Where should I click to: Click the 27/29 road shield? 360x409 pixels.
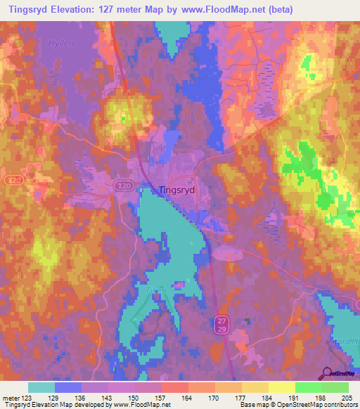221,324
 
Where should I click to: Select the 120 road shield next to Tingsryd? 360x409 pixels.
124,185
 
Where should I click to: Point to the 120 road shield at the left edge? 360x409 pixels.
11,181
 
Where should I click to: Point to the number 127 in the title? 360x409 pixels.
124,10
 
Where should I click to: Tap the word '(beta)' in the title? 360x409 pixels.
278,10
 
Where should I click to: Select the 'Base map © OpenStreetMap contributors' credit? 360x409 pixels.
298,405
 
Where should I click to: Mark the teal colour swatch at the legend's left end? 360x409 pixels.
41,388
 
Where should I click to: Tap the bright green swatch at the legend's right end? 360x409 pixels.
335,388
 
